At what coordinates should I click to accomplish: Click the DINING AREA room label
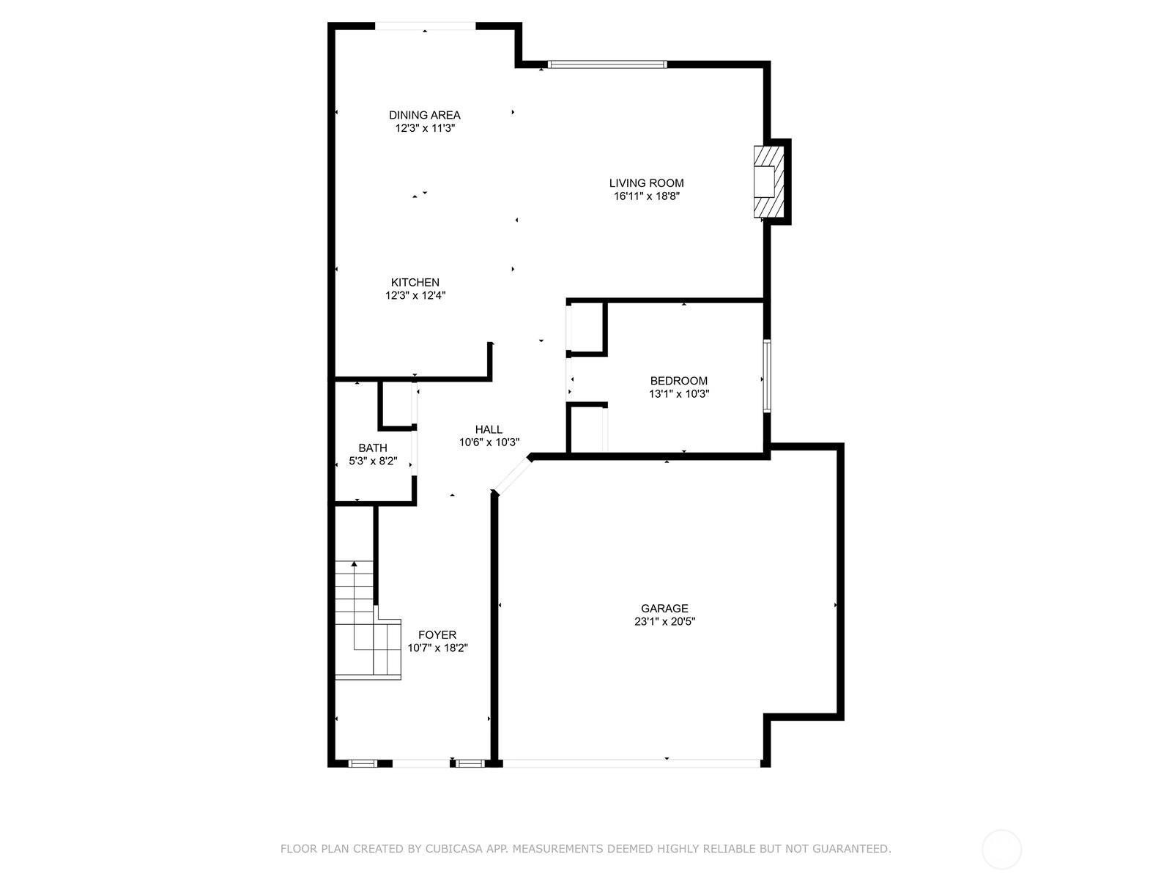[x=424, y=115]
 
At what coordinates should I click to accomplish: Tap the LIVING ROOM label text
[x=646, y=183]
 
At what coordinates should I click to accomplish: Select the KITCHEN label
[x=415, y=282]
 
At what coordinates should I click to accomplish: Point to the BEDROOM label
[x=678, y=380]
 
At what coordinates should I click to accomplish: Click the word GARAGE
[x=664, y=608]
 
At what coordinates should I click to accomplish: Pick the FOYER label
[x=437, y=634]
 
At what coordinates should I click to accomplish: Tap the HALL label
[x=489, y=429]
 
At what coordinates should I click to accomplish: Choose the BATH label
[x=373, y=448]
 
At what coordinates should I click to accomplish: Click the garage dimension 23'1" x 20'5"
[x=664, y=621]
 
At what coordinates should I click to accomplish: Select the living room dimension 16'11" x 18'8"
[x=646, y=196]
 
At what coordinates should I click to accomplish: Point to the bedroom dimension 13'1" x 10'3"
[x=678, y=394]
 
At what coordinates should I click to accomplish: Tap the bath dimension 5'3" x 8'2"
[x=373, y=461]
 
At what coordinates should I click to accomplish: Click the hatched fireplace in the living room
[x=769, y=182]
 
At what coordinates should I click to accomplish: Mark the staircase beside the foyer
[x=368, y=620]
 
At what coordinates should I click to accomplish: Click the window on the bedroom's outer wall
[x=767, y=376]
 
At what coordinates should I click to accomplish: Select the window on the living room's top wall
[x=607, y=64]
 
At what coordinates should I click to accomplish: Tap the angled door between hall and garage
[x=511, y=475]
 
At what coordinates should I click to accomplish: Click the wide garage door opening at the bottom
[x=631, y=763]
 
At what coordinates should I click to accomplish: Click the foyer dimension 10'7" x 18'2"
[x=437, y=648]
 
